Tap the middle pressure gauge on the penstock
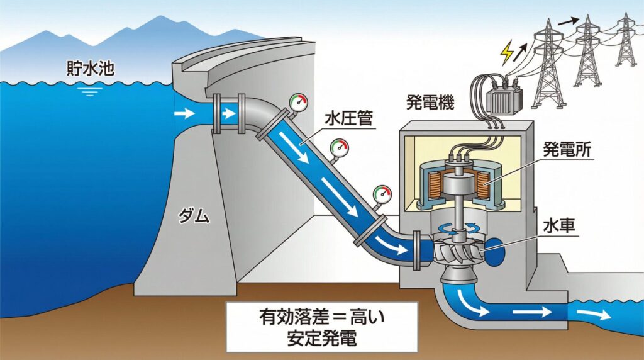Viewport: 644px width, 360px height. (x=340, y=149)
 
